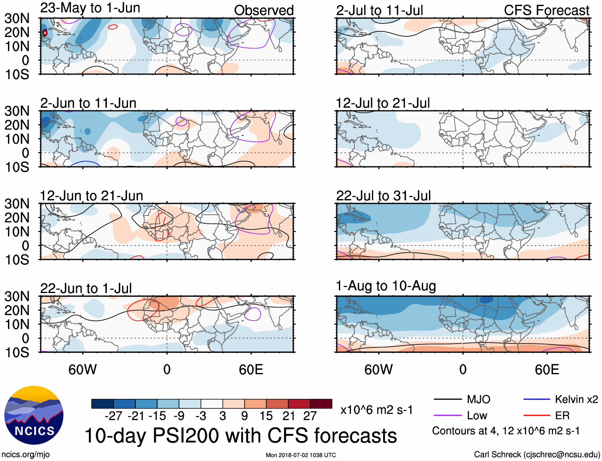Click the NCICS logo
[34, 415]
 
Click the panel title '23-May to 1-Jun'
[90, 8]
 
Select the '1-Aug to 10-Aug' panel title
[386, 286]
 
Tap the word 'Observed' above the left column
[264, 10]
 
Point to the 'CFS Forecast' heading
[546, 10]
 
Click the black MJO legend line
[447, 399]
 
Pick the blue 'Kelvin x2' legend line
[537, 399]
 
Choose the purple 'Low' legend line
[447, 415]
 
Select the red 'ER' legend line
[537, 415]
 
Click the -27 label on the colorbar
[113, 416]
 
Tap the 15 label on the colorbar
[266, 416]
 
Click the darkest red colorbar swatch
[321, 404]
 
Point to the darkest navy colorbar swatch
[102, 404]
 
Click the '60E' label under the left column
[251, 369]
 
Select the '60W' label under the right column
[378, 369]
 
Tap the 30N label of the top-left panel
[17, 18]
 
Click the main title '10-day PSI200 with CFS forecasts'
[241, 436]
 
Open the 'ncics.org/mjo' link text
[26, 455]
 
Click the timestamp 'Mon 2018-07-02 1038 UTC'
[301, 455]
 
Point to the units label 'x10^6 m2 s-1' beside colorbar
[376, 410]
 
